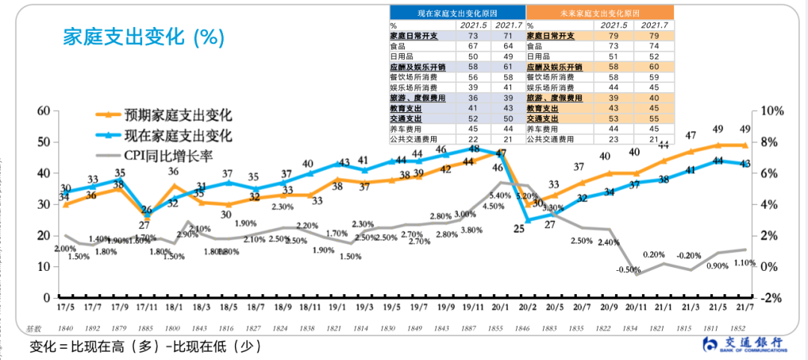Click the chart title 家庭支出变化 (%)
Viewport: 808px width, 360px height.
pos(141,37)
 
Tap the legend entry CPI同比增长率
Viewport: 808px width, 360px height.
pos(173,156)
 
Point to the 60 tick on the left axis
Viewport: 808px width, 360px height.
pos(43,111)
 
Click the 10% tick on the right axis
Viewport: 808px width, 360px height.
pos(771,111)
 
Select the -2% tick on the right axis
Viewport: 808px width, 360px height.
pos(771,298)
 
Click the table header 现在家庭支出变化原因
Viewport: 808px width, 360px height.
pos(457,13)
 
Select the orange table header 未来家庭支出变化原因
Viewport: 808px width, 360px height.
pos(599,13)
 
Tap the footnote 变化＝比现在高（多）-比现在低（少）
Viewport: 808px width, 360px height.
pos(146,347)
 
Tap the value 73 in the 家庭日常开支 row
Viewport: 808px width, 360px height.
pos(472,35)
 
